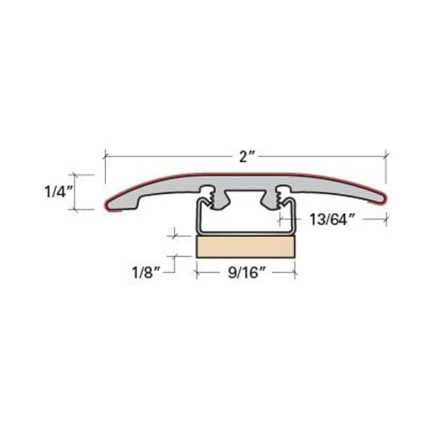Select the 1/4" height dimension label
58,192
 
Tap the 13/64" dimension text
332,219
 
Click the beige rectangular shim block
246,247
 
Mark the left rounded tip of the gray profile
108,204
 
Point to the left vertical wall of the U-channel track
197,217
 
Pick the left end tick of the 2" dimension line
105,156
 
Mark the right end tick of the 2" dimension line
387,156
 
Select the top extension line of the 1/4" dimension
83,175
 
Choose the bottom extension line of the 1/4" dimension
83,209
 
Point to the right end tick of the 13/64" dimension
387,219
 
